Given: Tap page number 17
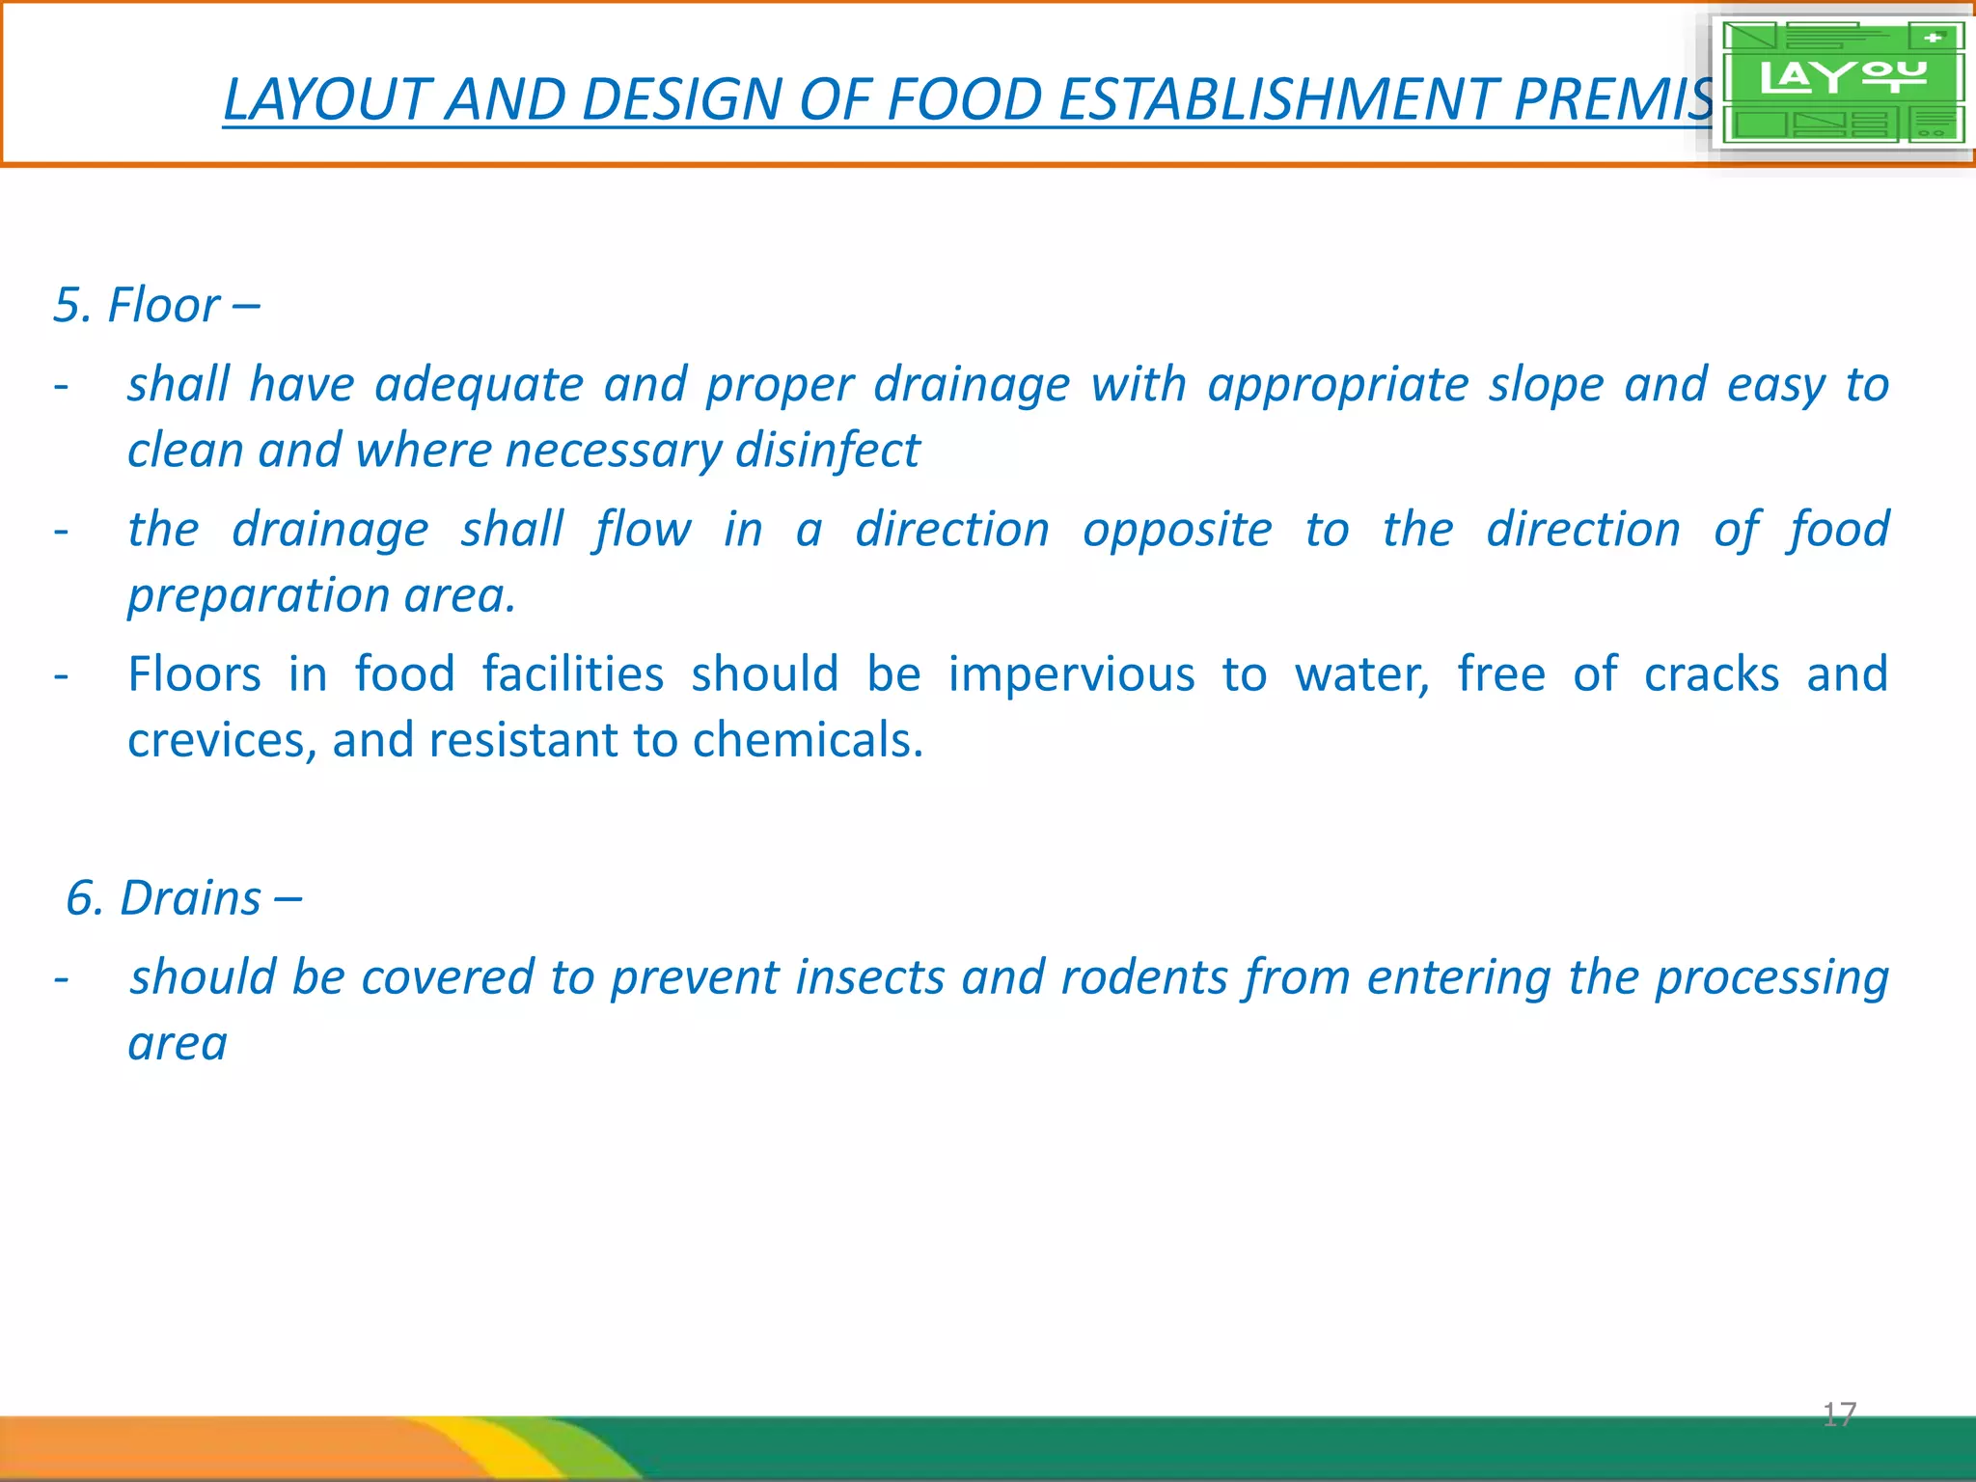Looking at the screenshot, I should pos(1839,1414).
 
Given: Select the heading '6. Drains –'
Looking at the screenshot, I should pos(183,898).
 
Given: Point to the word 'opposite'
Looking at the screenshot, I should pos(1177,530).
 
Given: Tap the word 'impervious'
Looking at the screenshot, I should pos(1071,673).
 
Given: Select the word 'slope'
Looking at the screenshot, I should pos(1545,385).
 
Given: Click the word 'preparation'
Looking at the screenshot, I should pos(257,595).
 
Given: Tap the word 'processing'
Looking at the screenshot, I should pos(1771,976).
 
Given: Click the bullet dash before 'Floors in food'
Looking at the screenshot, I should pos(61,674).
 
